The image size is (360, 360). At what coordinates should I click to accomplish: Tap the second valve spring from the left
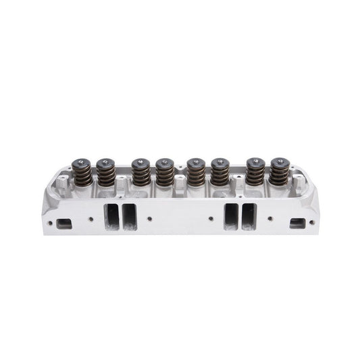coord(105,175)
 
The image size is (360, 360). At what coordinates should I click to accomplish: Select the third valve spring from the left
coord(140,175)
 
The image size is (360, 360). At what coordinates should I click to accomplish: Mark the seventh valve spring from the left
coord(255,174)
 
